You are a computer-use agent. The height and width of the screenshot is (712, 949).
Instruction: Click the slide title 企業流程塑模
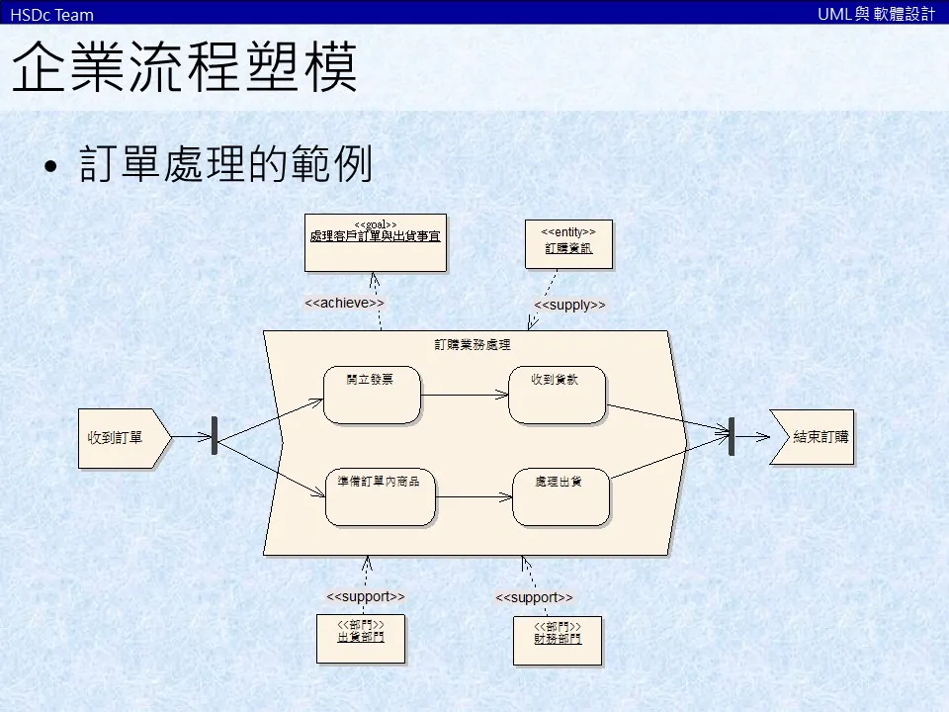tap(185, 67)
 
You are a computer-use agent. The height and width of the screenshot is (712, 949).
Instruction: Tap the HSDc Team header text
tap(51, 14)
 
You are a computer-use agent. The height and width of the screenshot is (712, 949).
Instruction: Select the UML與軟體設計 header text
tap(876, 14)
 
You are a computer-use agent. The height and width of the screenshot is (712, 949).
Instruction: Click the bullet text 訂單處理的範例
tap(225, 165)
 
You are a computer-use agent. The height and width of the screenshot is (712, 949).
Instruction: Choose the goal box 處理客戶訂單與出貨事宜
tap(375, 242)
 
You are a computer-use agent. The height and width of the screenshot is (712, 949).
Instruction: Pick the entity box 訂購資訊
tap(568, 244)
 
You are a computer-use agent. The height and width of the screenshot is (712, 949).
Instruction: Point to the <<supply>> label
tap(569, 306)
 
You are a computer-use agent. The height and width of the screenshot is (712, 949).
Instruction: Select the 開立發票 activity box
tap(372, 395)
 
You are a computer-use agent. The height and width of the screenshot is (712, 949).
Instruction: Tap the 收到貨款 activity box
tap(557, 395)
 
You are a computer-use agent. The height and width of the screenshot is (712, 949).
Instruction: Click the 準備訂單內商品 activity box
tap(380, 497)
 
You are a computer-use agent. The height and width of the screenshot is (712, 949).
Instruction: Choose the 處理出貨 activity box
tap(561, 497)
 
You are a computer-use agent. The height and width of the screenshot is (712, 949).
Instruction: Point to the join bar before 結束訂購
tap(732, 436)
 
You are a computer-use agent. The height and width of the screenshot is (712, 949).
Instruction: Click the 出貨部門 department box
tap(361, 639)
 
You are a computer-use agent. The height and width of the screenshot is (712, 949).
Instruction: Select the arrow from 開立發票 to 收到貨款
tap(465, 395)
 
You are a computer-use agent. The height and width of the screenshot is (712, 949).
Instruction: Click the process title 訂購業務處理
tap(473, 345)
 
